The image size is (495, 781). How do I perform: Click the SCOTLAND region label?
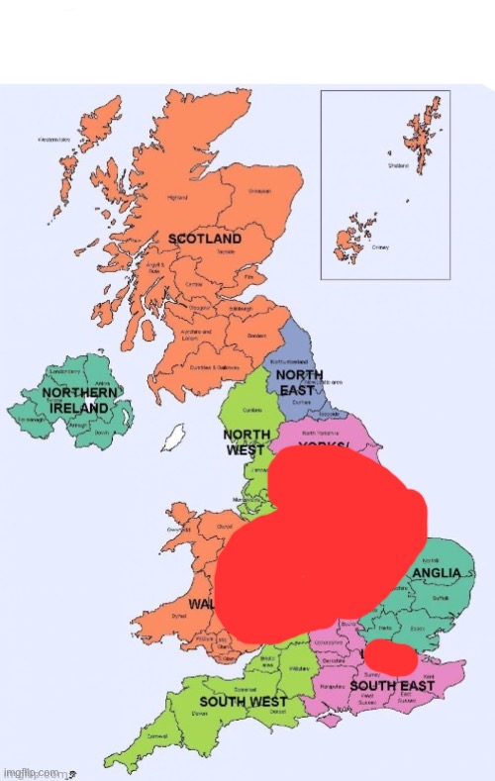pyautogui.click(x=205, y=239)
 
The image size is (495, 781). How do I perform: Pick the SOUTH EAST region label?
pyautogui.click(x=393, y=685)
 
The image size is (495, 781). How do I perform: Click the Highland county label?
pyautogui.click(x=177, y=197)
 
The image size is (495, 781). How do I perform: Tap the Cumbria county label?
pyautogui.click(x=250, y=407)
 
